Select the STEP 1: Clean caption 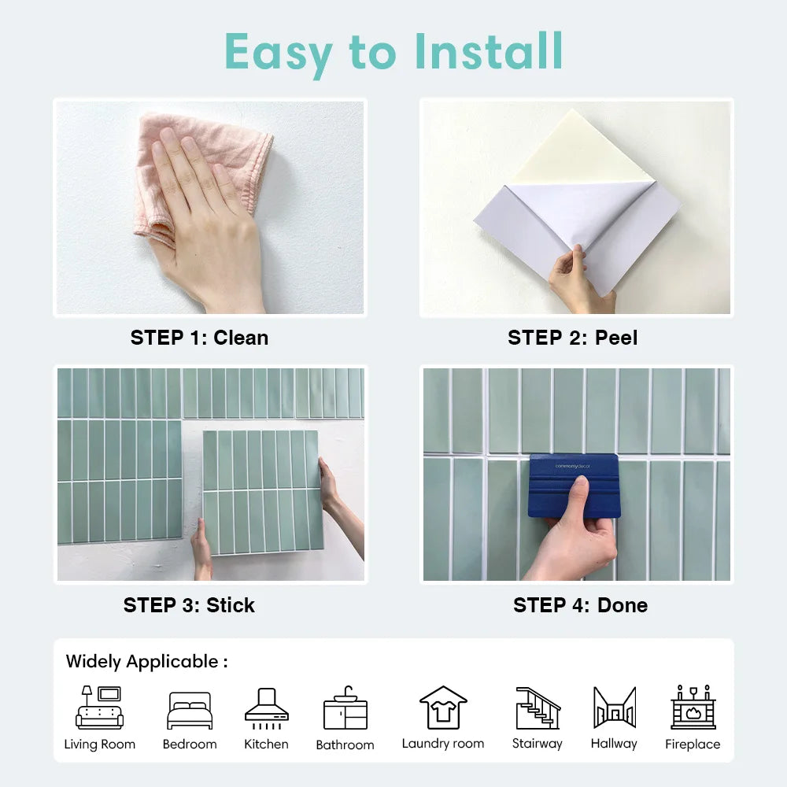[x=199, y=338]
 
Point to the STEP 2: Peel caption [x=572, y=338]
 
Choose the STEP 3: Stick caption [x=189, y=605]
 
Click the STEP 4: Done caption [x=580, y=605]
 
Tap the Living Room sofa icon [x=100, y=708]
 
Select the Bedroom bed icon [x=190, y=711]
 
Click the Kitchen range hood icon [x=266, y=706]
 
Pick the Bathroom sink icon [x=345, y=708]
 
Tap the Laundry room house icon [x=443, y=707]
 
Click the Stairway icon [x=538, y=708]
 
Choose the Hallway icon [x=614, y=708]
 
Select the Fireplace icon [x=693, y=707]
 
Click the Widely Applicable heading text [x=146, y=661]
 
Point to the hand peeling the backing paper [x=578, y=279]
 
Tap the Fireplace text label [x=693, y=745]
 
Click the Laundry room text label [x=443, y=744]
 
